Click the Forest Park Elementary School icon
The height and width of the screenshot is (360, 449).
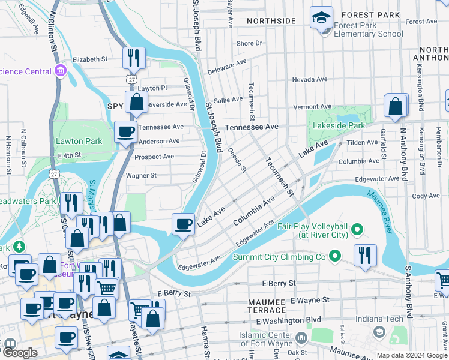point(322,18)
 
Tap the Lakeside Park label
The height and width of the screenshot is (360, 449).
point(338,126)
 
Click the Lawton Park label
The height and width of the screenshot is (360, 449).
point(79,141)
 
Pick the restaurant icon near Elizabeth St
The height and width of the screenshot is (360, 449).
point(134,58)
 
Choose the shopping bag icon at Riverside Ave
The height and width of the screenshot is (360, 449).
point(137,103)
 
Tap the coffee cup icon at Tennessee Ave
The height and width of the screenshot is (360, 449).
point(125,133)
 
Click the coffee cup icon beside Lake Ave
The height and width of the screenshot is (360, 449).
point(184,224)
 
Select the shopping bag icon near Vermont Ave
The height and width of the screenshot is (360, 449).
point(396,106)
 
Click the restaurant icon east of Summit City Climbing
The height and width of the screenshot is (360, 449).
point(364,256)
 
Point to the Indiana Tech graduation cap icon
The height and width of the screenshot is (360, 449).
point(379,331)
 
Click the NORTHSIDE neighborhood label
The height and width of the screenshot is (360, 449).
point(271,21)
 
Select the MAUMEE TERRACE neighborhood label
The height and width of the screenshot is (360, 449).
point(267,305)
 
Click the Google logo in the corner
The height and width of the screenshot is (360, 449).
point(20,353)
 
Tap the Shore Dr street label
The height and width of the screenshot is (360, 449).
point(249,43)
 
